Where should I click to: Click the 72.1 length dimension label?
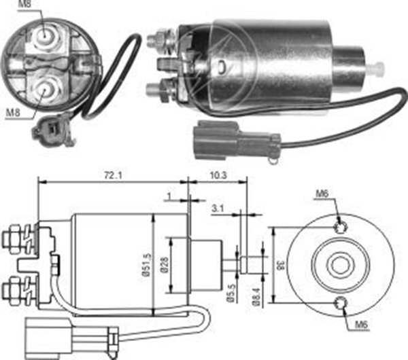[x=113, y=176]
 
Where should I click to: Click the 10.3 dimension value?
[x=218, y=175]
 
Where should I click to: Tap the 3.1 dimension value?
[x=218, y=209]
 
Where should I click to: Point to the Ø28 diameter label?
[x=165, y=265]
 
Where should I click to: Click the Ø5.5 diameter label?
[x=232, y=293]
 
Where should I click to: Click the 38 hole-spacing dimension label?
[x=282, y=265]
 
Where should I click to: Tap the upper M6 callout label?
[x=322, y=194]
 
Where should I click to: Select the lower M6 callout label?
[x=361, y=324]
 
